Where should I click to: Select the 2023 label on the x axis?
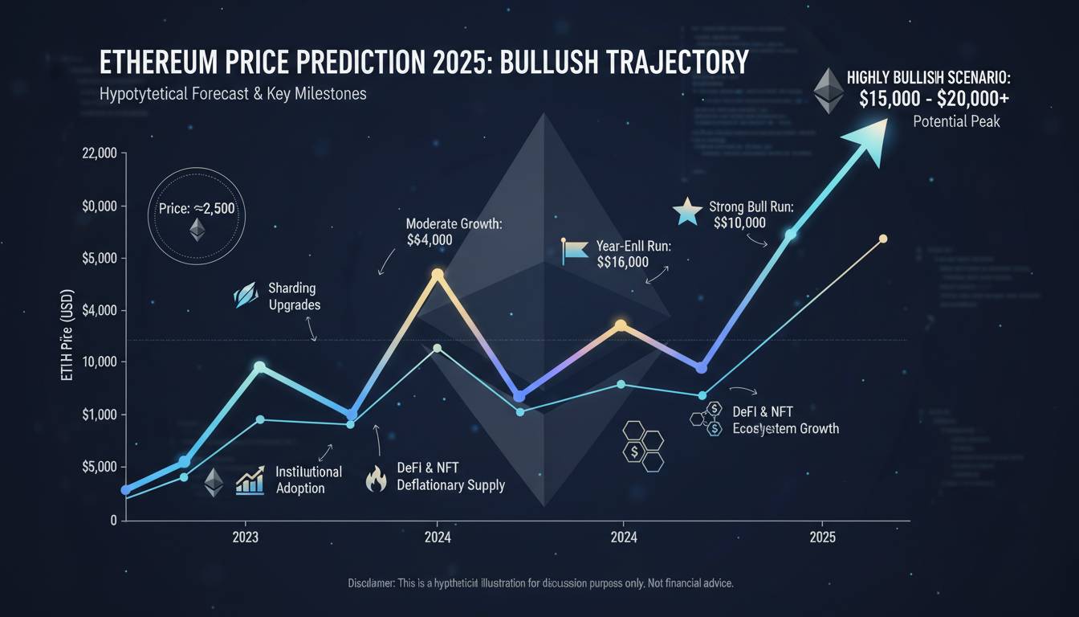point(245,537)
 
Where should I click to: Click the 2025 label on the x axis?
point(822,537)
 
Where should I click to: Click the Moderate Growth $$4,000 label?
point(454,231)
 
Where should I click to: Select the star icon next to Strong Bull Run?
point(687,212)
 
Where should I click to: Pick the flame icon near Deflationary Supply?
point(376,479)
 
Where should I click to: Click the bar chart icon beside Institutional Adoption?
point(250,481)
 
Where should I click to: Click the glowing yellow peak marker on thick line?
point(438,274)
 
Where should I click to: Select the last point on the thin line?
point(883,239)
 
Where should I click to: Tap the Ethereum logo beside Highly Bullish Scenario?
point(829,91)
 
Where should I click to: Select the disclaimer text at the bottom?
point(541,582)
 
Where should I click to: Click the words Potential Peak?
point(956,123)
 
